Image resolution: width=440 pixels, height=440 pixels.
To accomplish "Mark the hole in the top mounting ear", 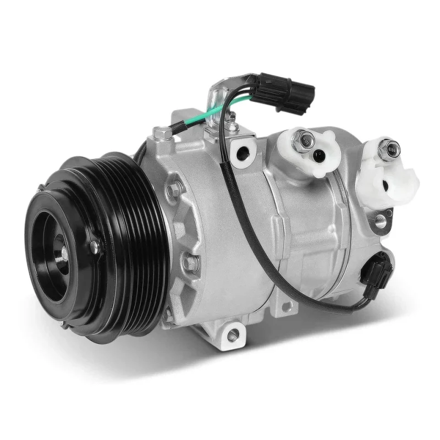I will click(x=240, y=150).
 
